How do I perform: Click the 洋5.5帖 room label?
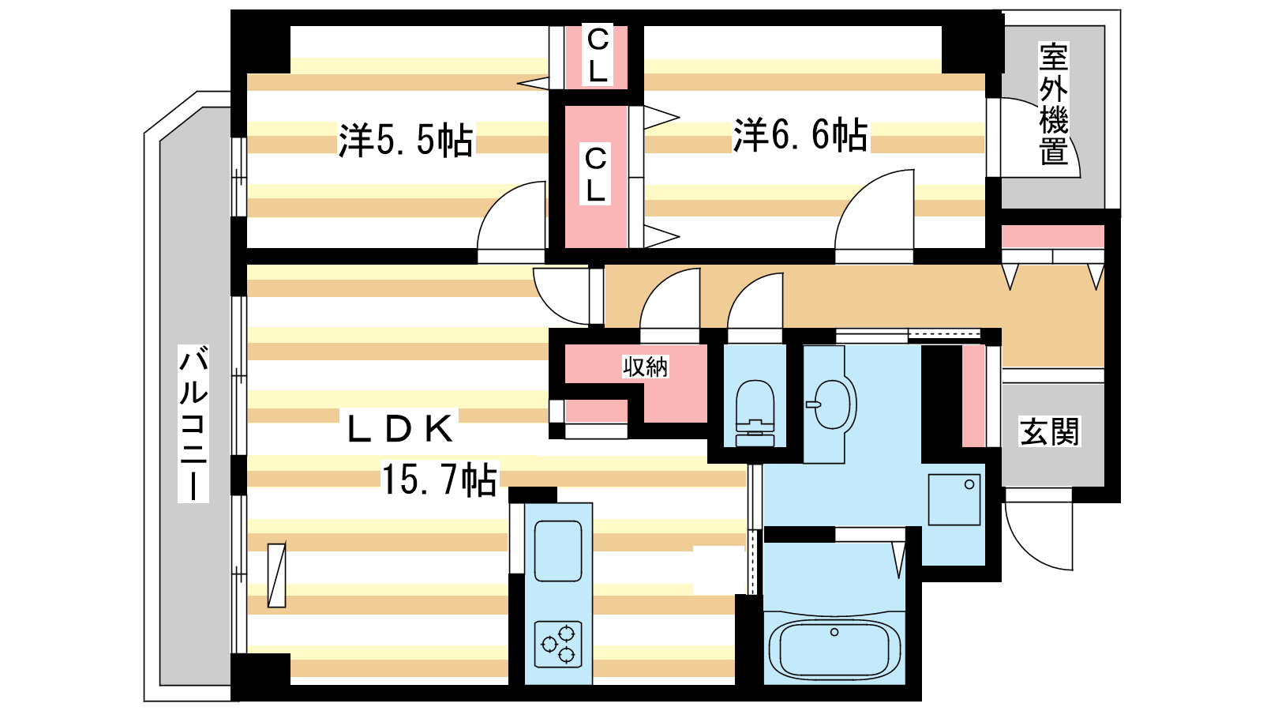pos(406,139)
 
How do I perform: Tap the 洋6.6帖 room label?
pos(800,135)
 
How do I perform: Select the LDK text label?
pos(399,429)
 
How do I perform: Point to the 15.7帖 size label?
pos(439,479)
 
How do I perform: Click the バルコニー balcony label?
pos(193,423)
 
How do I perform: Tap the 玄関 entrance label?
pos(1049,431)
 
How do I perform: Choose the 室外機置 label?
pos(1054,103)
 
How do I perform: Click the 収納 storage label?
pos(645,367)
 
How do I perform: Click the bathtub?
pos(834,649)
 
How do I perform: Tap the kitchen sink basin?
pos(558,551)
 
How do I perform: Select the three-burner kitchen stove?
pos(558,645)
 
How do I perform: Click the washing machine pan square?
pos(954,499)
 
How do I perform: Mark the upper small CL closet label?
pos(597,56)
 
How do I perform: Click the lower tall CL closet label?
pos(595,175)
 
